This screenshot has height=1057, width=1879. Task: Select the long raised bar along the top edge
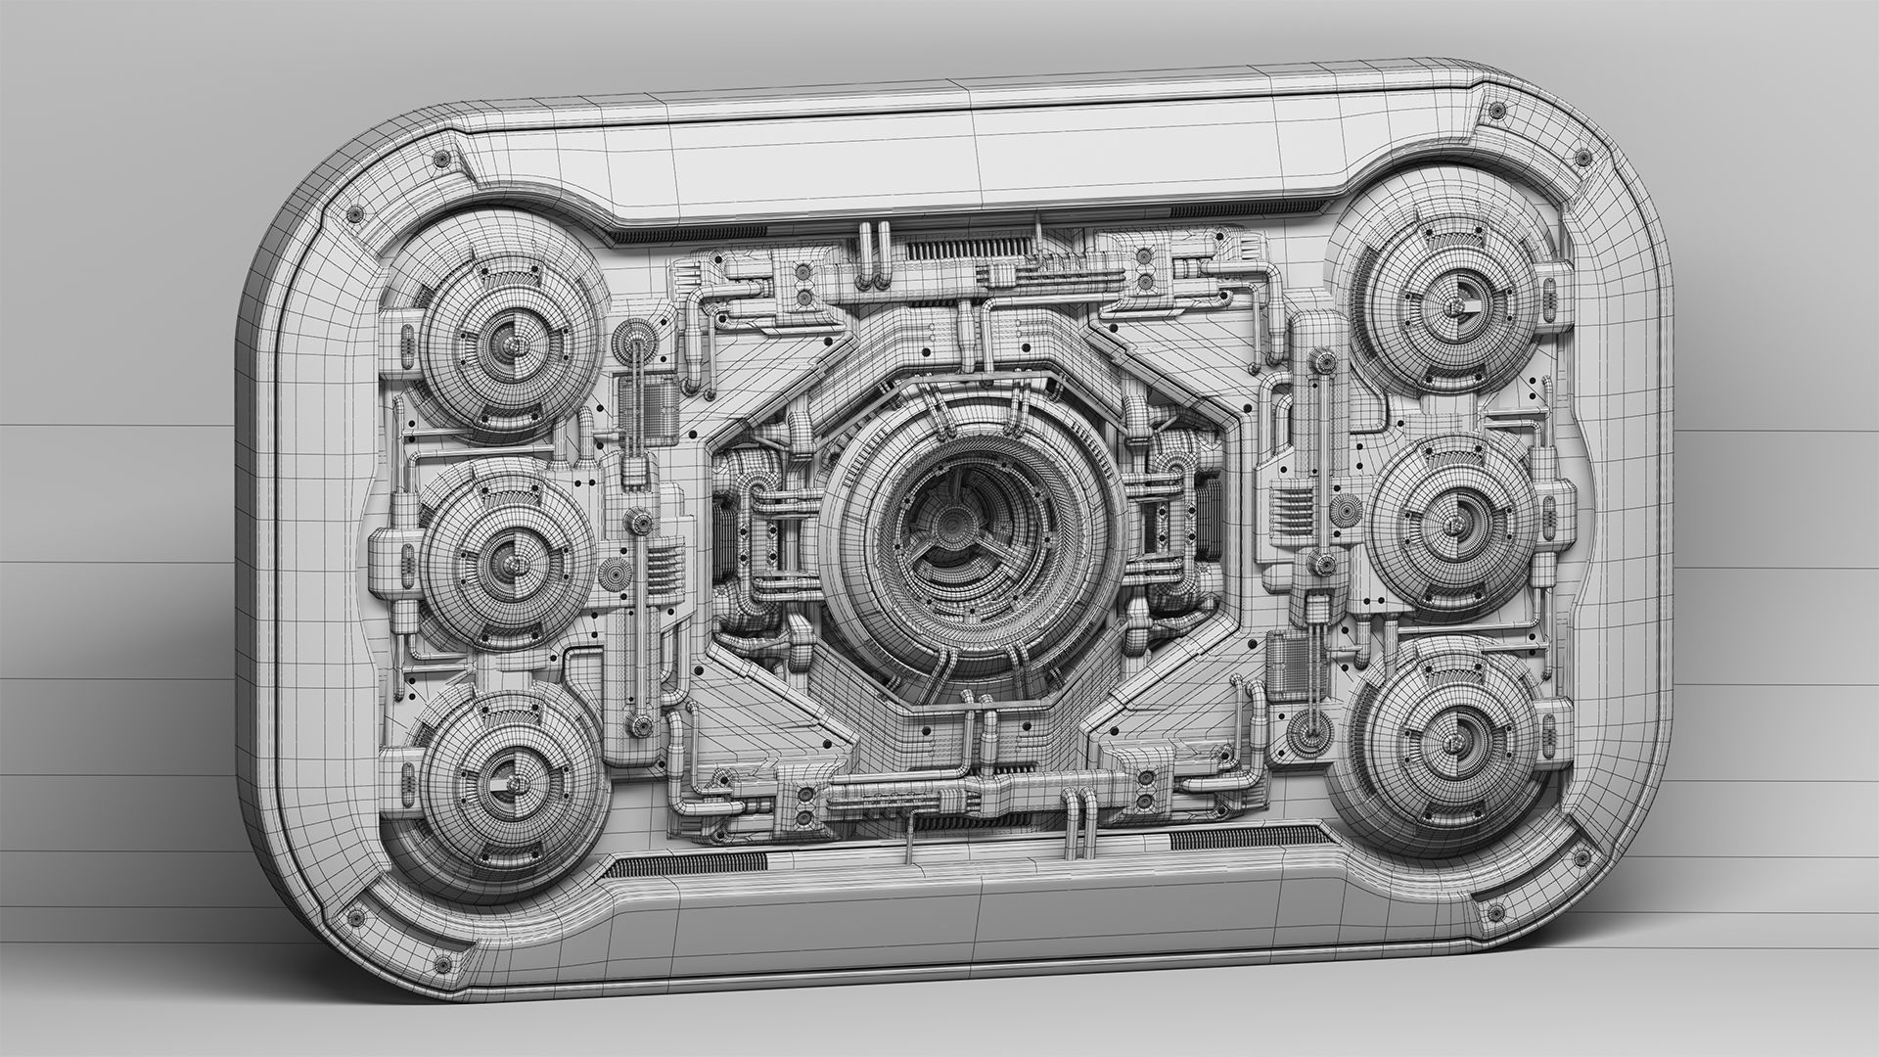click(979, 161)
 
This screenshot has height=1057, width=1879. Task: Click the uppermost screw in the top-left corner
click(439, 158)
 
